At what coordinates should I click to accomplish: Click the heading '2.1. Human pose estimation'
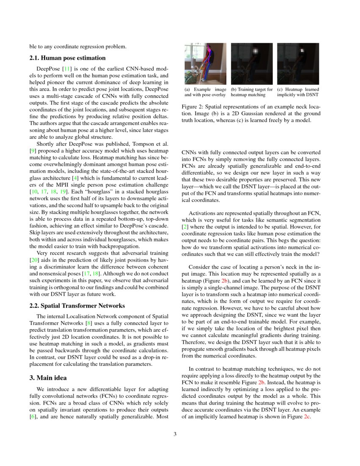click(67, 58)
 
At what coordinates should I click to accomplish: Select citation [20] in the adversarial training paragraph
click(33, 259)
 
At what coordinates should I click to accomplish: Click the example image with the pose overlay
click(205, 63)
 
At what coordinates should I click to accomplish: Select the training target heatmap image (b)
click(252, 63)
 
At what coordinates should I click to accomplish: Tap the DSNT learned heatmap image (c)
click(298, 63)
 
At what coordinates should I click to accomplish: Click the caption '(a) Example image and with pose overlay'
click(205, 92)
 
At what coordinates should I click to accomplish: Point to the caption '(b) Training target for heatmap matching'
click(252, 92)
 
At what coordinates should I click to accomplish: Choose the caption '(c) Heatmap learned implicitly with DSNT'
click(298, 92)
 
